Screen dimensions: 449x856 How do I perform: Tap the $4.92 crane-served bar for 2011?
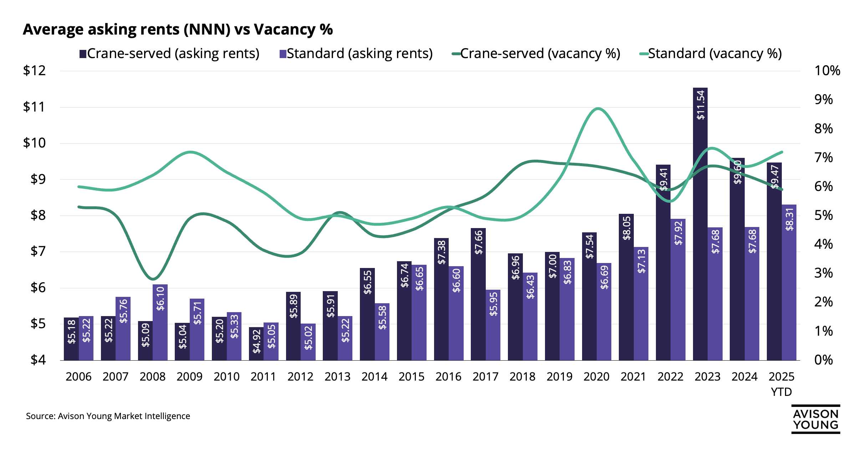[256, 344]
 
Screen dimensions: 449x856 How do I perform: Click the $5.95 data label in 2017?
[493, 304]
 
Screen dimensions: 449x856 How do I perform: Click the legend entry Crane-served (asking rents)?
[169, 54]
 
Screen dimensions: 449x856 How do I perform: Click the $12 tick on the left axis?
[35, 71]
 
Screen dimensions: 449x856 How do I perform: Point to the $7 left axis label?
[38, 251]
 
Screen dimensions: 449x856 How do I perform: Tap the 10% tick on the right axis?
[827, 71]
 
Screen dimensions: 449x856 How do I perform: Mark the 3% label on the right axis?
[824, 273]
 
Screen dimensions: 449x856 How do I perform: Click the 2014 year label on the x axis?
[374, 377]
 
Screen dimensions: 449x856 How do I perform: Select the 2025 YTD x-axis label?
[781, 384]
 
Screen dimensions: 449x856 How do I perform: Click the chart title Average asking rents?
[178, 29]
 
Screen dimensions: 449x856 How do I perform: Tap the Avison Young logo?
[815, 419]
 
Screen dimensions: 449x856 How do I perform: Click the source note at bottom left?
[108, 416]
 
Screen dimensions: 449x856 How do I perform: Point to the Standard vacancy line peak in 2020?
[598, 108]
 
